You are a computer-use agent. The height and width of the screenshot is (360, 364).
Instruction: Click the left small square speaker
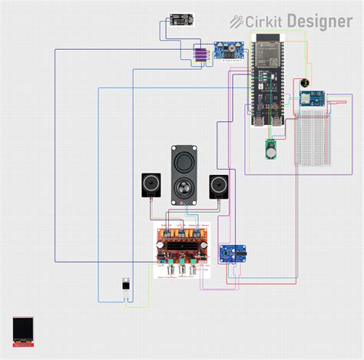click(151, 187)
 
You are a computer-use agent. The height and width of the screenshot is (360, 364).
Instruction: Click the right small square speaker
click(218, 187)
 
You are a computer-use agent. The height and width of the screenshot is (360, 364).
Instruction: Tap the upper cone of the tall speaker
click(184, 163)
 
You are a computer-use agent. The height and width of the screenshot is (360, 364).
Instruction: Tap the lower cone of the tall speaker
click(184, 190)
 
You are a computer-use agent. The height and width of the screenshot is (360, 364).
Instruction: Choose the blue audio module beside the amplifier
click(232, 253)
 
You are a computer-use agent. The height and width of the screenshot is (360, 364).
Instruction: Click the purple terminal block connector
click(200, 54)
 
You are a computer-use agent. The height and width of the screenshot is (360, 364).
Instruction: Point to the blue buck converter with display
click(228, 52)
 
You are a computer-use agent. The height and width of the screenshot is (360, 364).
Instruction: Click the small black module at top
click(182, 20)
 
